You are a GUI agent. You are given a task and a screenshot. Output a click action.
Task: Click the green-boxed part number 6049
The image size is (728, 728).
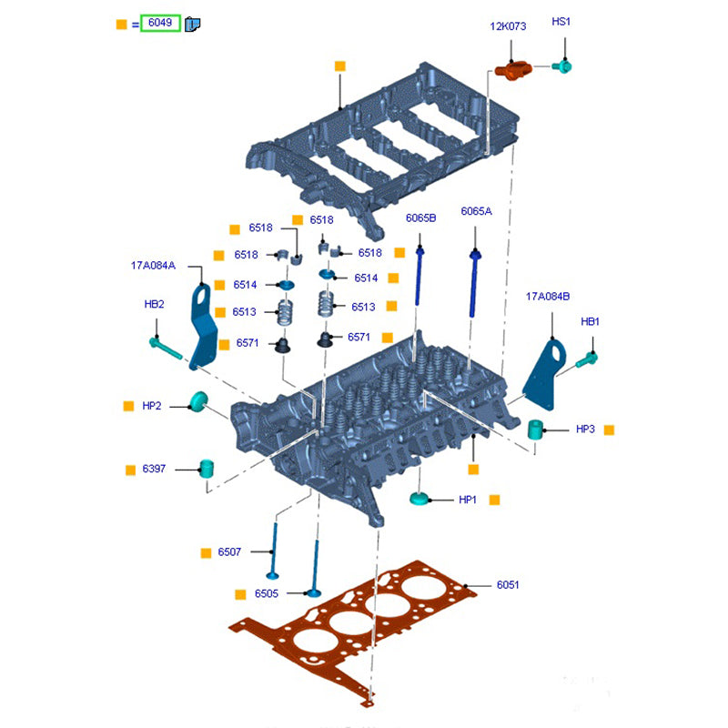coord(160,24)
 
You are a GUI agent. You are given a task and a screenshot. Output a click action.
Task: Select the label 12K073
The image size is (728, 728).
coord(508,26)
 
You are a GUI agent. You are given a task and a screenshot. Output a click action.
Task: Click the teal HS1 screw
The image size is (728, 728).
coord(562,66)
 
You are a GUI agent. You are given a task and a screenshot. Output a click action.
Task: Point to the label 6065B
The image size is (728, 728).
coord(421,217)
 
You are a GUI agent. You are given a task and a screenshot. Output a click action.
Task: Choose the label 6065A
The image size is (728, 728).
coord(476,211)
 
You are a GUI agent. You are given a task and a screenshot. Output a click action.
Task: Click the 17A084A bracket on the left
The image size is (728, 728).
coord(202,328)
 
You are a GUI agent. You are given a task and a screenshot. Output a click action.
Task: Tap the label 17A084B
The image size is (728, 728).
coord(548,296)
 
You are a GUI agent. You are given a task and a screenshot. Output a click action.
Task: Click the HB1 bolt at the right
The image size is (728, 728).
coord(586,360)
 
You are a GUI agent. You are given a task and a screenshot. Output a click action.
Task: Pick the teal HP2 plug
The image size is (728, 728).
coord(198,401)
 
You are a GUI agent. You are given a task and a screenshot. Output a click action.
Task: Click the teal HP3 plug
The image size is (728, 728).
coord(538,429)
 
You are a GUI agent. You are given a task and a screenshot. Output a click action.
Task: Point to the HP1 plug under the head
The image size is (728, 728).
coord(419,499)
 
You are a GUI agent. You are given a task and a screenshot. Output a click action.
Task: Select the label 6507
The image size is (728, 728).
coord(229,552)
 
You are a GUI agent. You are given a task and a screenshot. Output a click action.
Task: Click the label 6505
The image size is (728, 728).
coord(267,593)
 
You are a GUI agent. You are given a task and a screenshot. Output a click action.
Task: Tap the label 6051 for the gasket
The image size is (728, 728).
coord(508,585)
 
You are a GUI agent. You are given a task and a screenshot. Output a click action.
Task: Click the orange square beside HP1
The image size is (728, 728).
coord(495,500)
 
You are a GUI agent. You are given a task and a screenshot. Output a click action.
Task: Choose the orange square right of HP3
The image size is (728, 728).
coord(610,429)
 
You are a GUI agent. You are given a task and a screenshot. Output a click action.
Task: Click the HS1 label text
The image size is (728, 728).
coord(561,21)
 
